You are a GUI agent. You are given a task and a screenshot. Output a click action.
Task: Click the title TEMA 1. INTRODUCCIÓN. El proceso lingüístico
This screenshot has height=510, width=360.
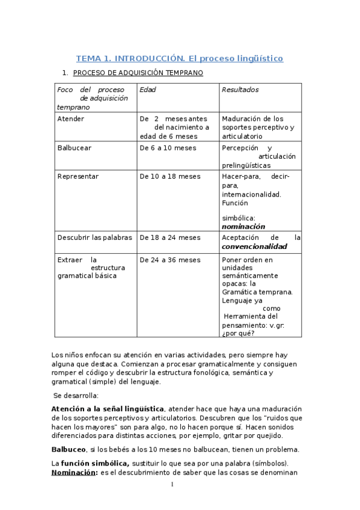click(179, 58)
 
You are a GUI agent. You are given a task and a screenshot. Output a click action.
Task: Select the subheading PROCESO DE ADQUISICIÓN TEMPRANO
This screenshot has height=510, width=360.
click(138, 73)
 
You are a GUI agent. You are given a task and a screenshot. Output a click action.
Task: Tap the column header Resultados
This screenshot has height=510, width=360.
click(240, 90)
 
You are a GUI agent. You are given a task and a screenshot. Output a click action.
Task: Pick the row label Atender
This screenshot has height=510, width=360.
click(70, 118)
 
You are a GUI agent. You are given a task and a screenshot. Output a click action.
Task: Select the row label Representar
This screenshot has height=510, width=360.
click(78, 177)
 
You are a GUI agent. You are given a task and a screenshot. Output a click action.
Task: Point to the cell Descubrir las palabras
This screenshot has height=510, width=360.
click(94, 238)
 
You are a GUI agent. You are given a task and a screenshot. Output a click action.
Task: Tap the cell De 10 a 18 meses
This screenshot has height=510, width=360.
click(170, 177)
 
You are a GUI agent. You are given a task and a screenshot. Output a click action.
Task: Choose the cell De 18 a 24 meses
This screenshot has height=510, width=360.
click(170, 238)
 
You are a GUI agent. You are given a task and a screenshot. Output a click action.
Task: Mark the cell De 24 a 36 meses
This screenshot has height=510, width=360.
click(170, 260)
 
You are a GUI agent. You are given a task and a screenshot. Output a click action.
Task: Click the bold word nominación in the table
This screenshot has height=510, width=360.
click(243, 227)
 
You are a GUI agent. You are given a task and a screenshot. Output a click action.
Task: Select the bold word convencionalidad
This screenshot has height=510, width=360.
click(254, 247)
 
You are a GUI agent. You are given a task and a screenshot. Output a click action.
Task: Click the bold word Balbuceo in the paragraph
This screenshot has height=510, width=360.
click(69, 449)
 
